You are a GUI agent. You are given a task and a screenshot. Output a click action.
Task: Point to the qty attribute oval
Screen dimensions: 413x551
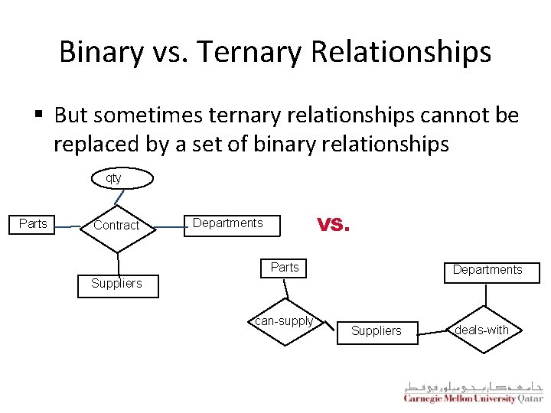(113, 178)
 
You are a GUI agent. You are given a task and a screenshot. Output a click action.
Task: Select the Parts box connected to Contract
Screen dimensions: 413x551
(33, 224)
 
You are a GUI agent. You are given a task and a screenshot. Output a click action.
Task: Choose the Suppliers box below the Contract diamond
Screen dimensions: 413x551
(116, 284)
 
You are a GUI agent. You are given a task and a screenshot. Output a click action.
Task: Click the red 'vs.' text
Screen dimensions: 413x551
(333, 223)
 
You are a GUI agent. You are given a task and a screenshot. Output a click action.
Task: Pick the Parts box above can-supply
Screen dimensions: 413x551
(285, 268)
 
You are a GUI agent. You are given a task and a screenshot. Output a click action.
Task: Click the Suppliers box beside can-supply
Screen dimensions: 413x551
(376, 331)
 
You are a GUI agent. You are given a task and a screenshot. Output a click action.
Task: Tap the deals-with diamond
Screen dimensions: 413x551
(481, 330)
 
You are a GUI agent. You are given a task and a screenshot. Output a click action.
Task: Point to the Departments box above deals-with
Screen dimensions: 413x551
(487, 270)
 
